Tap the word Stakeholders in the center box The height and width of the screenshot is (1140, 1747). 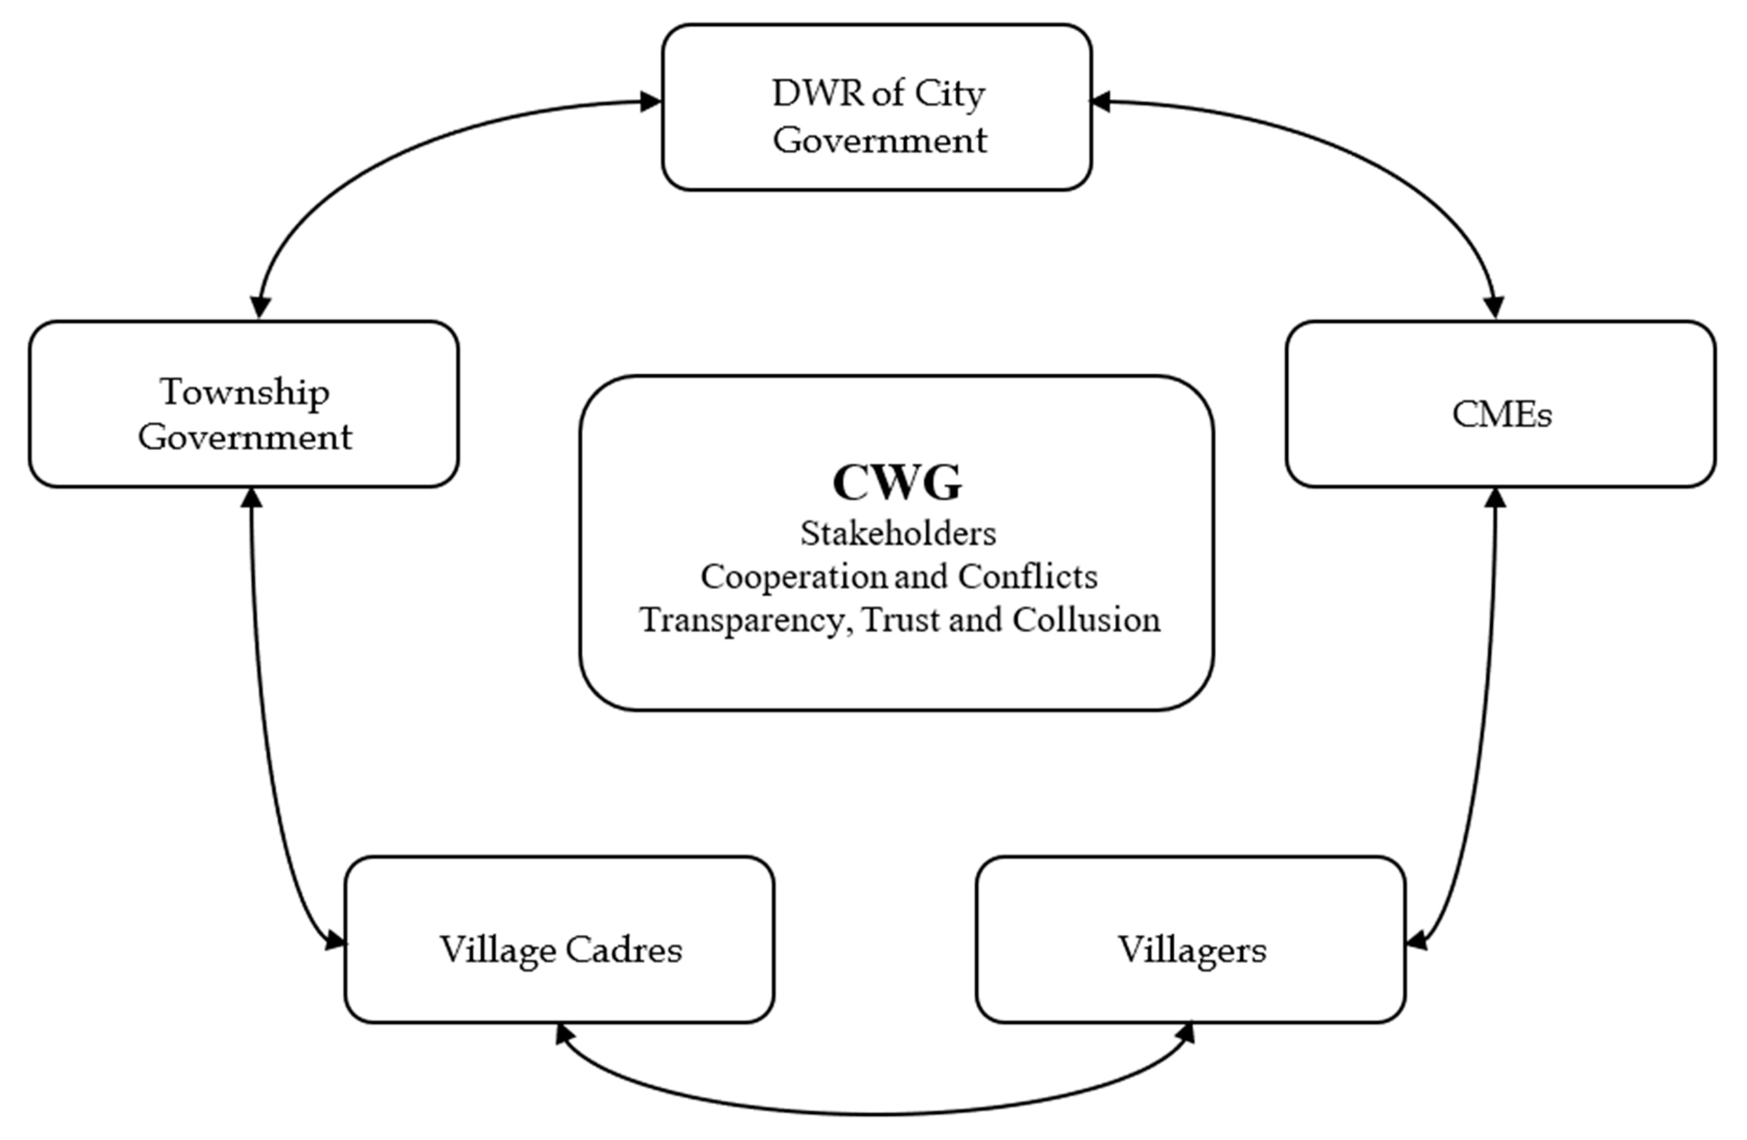[x=898, y=534]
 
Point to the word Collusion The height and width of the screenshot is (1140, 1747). [x=1087, y=620]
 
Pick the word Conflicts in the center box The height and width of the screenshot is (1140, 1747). [x=1027, y=577]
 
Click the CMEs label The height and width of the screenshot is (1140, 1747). [x=1502, y=415]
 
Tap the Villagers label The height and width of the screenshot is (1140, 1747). [x=1192, y=950]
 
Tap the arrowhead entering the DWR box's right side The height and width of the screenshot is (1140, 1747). [x=1100, y=102]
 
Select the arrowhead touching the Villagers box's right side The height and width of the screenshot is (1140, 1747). [x=1416, y=939]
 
